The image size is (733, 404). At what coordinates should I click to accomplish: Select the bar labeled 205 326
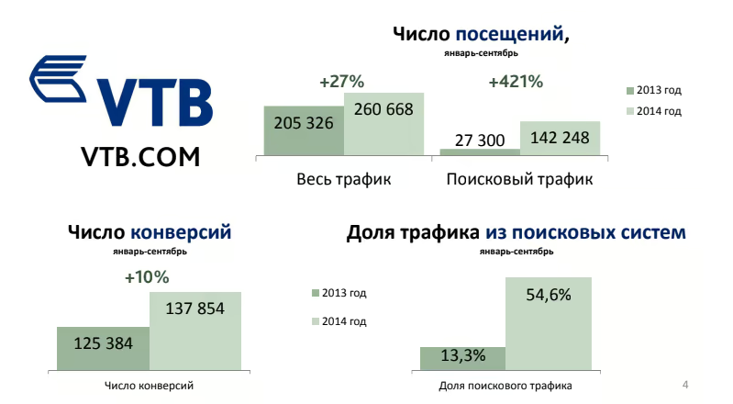304,130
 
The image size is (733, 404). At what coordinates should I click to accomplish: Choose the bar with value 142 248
561,139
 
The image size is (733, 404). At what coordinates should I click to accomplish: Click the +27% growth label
342,82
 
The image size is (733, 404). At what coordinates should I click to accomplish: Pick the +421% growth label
516,82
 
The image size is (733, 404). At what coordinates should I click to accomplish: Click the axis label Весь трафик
344,179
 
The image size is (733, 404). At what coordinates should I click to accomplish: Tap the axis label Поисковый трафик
519,179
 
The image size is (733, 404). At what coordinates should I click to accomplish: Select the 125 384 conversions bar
103,347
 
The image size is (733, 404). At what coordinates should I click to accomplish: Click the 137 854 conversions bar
195,331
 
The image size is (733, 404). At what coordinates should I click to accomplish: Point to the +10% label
147,276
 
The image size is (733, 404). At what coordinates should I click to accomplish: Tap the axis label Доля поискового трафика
505,387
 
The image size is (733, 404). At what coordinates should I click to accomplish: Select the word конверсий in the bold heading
181,232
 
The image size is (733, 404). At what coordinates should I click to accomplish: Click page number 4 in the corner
686,382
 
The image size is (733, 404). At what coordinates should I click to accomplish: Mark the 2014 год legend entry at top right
653,111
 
